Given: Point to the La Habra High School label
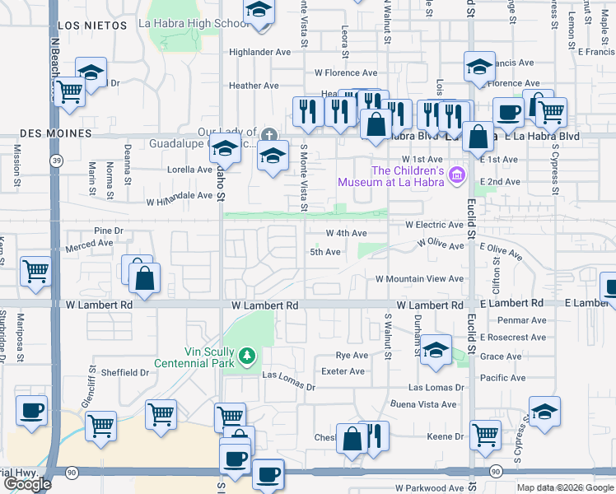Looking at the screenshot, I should tap(195, 23).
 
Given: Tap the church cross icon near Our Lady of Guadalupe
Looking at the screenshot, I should tap(268, 135).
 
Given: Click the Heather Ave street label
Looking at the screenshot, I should tap(254, 86).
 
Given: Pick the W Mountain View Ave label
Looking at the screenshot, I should tap(419, 279).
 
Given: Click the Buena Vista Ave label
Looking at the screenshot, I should tap(422, 404).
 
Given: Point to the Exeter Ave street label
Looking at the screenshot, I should tap(344, 371).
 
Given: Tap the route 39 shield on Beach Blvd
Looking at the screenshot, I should tap(55, 160).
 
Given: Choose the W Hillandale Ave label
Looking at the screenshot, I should tap(180, 198).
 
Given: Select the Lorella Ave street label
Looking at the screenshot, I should tap(190, 170).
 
